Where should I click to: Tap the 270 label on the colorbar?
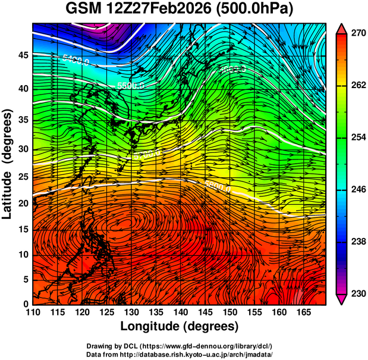click(x=357, y=33)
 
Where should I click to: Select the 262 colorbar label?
click(x=357, y=85)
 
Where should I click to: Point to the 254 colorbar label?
click(x=357, y=137)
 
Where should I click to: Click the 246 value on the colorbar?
click(x=357, y=189)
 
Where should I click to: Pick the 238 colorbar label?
click(x=357, y=242)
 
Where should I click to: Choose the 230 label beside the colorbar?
click(x=357, y=293)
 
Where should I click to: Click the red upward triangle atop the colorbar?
click(x=341, y=29)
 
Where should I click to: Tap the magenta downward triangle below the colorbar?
click(x=341, y=299)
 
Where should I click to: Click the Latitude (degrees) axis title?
click(x=9, y=164)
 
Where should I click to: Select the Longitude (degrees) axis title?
click(x=180, y=326)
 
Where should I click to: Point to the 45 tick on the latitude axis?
click(x=22, y=55)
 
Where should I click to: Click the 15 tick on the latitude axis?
click(x=22, y=229)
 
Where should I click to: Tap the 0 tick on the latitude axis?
click(x=25, y=304)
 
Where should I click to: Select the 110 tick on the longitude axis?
click(x=33, y=312)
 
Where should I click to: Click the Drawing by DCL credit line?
click(x=180, y=346)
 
